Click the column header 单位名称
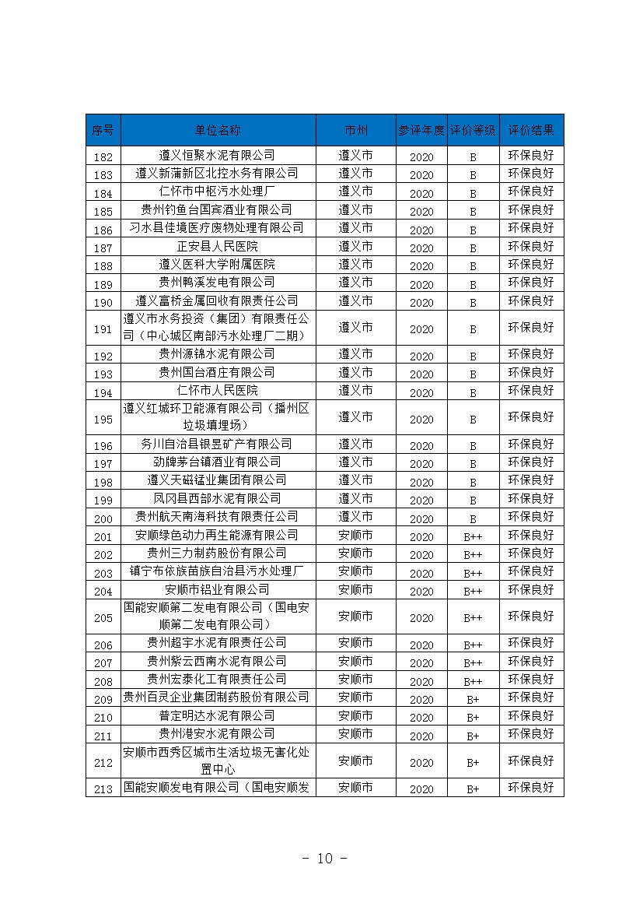(218, 130)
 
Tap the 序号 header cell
(103, 130)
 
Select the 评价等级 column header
(473, 130)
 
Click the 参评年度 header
(421, 130)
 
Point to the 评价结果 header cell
(531, 130)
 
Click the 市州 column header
(355, 130)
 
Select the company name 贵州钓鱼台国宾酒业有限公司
(217, 209)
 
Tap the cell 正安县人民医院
(217, 246)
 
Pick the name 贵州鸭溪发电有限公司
(217, 282)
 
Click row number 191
(103, 329)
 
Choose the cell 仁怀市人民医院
(217, 390)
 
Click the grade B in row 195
(473, 420)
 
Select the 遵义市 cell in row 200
(355, 516)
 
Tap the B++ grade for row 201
(473, 536)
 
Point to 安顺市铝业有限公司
(217, 589)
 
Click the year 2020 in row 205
(421, 618)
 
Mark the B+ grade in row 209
(473, 699)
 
